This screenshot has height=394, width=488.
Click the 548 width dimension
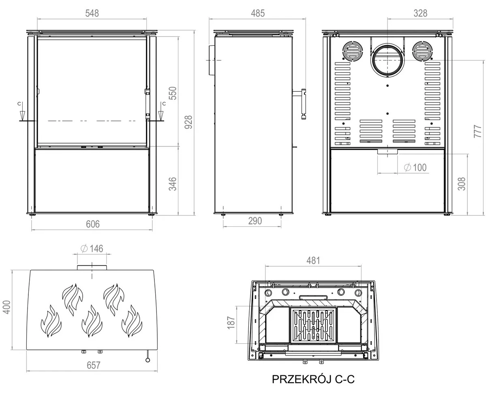(x=92, y=13)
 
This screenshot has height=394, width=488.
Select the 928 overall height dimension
(x=188, y=122)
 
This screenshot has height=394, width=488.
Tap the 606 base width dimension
(x=93, y=224)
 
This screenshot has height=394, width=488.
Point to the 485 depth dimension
(x=258, y=13)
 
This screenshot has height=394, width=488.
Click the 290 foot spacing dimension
(x=255, y=221)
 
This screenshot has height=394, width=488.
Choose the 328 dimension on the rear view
(x=420, y=13)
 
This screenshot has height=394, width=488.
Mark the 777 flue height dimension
(x=477, y=131)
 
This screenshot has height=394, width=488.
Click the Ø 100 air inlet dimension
(x=415, y=167)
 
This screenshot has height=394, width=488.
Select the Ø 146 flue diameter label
(x=92, y=249)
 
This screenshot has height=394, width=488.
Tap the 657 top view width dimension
(x=94, y=365)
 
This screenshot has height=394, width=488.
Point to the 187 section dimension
(x=231, y=323)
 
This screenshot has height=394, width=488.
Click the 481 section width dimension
(x=313, y=261)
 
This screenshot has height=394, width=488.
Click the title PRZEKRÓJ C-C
(x=313, y=379)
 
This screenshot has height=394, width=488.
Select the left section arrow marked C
(x=22, y=112)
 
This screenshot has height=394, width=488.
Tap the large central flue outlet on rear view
(x=387, y=60)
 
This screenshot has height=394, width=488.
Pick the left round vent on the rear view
(x=353, y=51)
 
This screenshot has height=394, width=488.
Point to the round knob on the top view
(x=148, y=360)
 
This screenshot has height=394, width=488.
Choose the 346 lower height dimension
(x=173, y=184)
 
